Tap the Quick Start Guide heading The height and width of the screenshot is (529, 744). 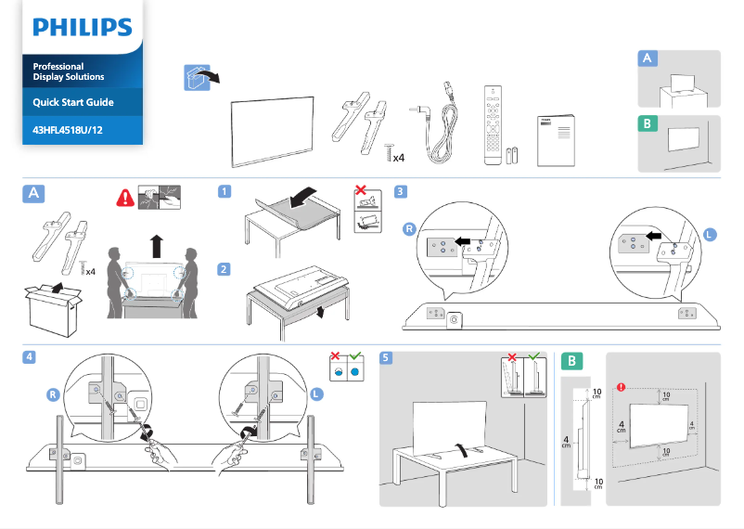pos(72,102)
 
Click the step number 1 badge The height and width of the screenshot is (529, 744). pos(224,192)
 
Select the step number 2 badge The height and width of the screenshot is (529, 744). pos(224,269)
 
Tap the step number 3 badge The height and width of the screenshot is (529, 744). pos(400,192)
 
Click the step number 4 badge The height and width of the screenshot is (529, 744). pos(31,357)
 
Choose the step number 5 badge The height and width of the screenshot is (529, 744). pos(387,357)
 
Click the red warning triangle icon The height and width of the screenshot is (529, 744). pos(123,197)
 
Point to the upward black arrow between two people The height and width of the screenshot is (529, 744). pos(156,248)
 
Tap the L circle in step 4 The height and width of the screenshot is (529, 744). pos(317,394)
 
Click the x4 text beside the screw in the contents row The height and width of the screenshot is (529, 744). pos(398,158)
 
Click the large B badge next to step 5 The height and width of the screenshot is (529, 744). pos(574,360)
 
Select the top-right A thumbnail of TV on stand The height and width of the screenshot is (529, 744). pos(680,81)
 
